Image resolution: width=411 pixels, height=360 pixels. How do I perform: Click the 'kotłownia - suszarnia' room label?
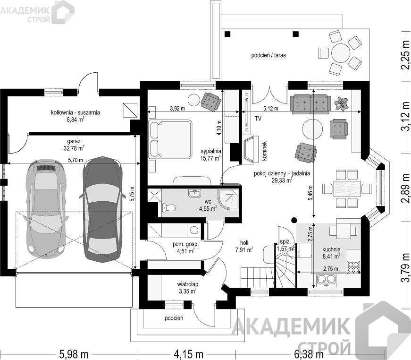(75, 112)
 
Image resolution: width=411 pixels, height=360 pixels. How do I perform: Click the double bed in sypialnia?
(170, 139)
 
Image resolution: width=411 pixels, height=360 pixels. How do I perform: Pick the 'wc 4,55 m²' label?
(208, 206)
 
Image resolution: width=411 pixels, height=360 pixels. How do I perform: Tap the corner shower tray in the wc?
(228, 199)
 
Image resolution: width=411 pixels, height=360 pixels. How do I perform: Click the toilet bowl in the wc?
(168, 208)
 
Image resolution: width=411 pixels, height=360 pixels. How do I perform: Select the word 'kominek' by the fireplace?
(264, 151)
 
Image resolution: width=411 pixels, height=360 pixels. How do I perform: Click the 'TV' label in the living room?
(258, 119)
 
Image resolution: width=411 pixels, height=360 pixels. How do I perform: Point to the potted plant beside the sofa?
(342, 103)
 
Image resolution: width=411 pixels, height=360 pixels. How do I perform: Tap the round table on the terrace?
(341, 53)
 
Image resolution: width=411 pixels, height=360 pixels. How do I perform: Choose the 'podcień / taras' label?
(268, 55)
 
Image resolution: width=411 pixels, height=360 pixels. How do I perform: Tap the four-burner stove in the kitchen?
(353, 267)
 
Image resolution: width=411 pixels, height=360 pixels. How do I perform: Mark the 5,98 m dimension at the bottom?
(74, 354)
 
